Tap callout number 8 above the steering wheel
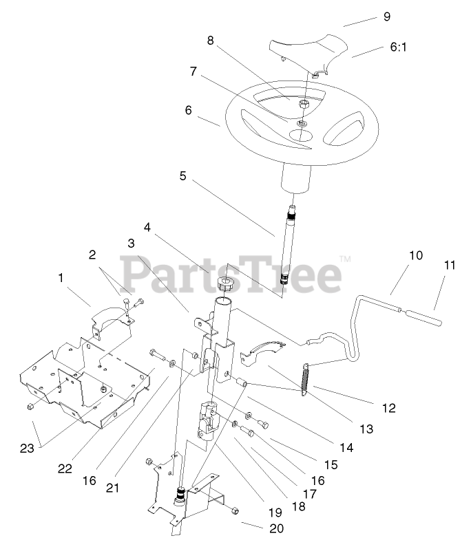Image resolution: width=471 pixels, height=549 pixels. pos(211,40)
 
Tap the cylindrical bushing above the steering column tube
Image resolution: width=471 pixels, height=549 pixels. pos(222,285)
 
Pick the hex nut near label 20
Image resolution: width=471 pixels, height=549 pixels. pos(235,510)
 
